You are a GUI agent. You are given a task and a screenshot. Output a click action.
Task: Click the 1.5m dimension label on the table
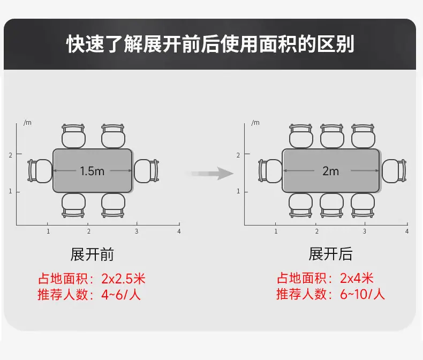click(92, 171)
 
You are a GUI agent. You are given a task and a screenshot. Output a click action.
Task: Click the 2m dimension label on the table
click(330, 171)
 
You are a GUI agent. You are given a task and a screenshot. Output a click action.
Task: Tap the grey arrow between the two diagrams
click(210, 173)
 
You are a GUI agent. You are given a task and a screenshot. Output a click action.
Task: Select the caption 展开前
click(92, 254)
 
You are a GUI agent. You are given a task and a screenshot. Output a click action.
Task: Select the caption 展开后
click(330, 254)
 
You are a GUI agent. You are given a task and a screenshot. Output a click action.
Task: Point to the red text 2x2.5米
click(124, 279)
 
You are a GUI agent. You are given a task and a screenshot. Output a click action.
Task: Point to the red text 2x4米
click(357, 278)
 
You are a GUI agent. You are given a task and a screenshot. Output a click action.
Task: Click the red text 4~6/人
click(121, 294)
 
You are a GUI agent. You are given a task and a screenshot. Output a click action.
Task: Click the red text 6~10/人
click(362, 294)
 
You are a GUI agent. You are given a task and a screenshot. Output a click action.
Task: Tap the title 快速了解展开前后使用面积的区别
click(210, 44)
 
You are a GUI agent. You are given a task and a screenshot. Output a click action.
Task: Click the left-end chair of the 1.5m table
click(40, 171)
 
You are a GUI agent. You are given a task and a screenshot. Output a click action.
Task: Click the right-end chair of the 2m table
click(394, 171)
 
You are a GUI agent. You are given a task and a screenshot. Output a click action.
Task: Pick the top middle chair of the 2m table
click(332, 136)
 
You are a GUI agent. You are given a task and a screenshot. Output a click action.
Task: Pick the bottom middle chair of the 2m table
click(332, 205)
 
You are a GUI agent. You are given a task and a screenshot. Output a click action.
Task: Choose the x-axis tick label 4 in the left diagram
click(179, 231)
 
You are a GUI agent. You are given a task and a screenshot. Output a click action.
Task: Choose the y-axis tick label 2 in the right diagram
click(238, 155)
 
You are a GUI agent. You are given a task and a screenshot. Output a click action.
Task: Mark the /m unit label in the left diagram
click(27, 123)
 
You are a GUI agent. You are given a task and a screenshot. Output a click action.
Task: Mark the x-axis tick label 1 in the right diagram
click(276, 231)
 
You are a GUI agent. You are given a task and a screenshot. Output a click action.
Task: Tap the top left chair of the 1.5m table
click(73, 136)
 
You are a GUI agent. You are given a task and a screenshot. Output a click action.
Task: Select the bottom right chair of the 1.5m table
click(114, 205)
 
